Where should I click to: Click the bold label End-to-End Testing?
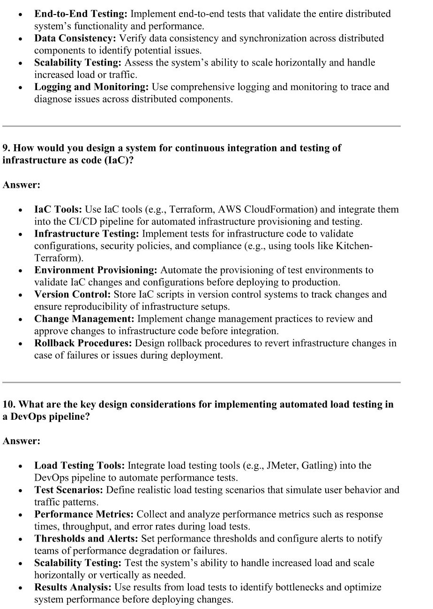coord(81,14)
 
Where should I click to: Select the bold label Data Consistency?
coord(75,38)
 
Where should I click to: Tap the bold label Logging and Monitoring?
coord(92,87)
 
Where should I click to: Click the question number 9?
coord(6,148)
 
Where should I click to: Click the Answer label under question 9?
coord(22,185)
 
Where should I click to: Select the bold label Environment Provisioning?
coord(96,270)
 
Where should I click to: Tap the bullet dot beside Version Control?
coord(20,296)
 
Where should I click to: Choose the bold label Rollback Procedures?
coord(83,343)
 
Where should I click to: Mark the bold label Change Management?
coord(84,319)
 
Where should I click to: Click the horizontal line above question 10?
coord(202,382)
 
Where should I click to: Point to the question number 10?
coord(8,404)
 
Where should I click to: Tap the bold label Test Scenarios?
coord(69,490)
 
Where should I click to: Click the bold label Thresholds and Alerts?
coord(86,539)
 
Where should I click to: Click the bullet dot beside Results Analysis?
coord(20,588)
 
